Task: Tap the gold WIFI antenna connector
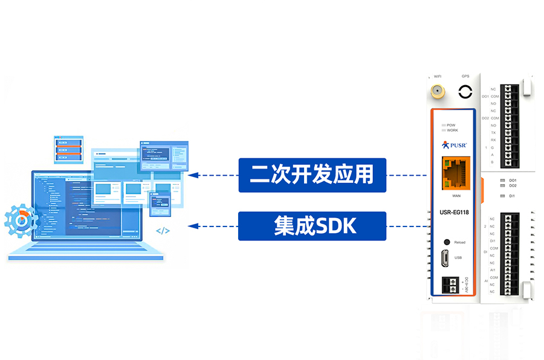(437, 92)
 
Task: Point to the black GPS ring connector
(465, 92)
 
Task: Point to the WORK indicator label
(452, 130)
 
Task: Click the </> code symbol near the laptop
(163, 231)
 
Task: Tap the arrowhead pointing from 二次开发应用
(193, 175)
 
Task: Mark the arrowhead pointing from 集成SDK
(193, 227)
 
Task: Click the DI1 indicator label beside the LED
(512, 196)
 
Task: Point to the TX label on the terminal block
(493, 132)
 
